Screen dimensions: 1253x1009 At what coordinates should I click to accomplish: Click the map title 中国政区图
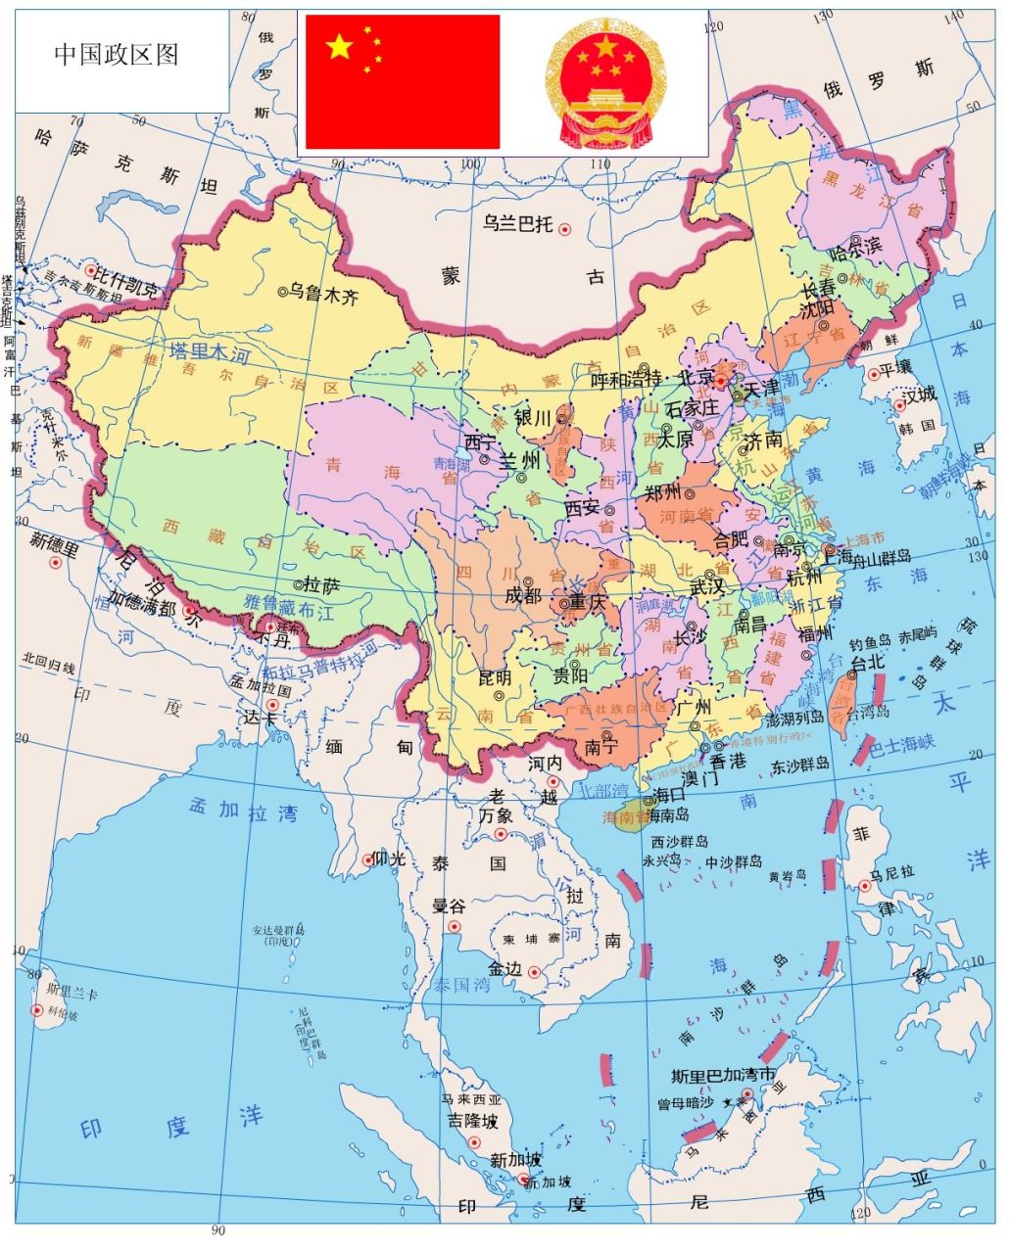[117, 55]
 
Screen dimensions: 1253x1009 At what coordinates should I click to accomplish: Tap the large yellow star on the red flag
[339, 46]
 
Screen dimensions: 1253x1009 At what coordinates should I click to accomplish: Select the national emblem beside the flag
[604, 83]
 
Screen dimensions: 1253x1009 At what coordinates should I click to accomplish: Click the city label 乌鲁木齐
[323, 295]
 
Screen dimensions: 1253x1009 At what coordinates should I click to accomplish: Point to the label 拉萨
[321, 585]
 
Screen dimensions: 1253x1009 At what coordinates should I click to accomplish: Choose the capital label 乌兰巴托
[517, 224]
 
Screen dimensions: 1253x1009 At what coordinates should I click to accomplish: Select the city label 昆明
[495, 677]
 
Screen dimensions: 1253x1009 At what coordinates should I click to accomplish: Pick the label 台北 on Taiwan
[868, 663]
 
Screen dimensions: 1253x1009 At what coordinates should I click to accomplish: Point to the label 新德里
[54, 539]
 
